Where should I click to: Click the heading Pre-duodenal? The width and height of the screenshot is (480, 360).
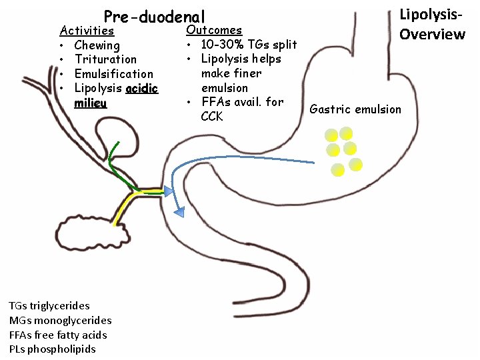click(x=155, y=17)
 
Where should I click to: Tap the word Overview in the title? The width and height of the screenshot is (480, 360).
click(x=432, y=34)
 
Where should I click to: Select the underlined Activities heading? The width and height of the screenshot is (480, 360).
click(x=87, y=31)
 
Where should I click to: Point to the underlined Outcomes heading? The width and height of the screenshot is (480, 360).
click(x=214, y=30)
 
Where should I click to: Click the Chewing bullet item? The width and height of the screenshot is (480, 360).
click(x=97, y=45)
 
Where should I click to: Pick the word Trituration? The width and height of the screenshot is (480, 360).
click(x=105, y=59)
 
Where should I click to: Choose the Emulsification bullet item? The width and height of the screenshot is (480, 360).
click(x=113, y=74)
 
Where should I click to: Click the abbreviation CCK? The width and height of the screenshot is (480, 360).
click(x=212, y=117)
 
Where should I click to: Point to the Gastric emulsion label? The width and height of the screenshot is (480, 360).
click(x=356, y=109)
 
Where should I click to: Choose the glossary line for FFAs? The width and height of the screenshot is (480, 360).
click(x=57, y=335)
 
